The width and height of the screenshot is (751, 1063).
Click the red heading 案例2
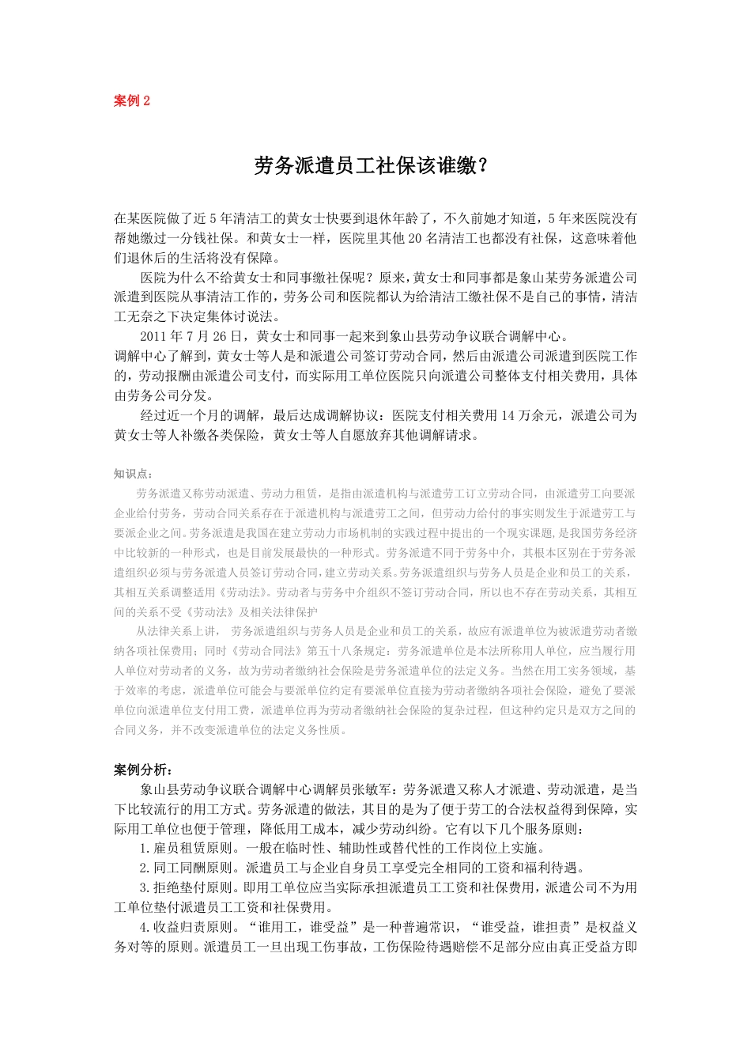click(132, 101)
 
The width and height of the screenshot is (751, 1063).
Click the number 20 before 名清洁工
click(416, 238)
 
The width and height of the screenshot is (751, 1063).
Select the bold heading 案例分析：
click(143, 770)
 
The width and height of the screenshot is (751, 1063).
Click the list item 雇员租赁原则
click(191, 849)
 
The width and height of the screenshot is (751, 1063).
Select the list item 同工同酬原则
click(191, 868)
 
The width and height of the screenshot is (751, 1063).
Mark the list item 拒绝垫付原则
click(191, 888)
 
